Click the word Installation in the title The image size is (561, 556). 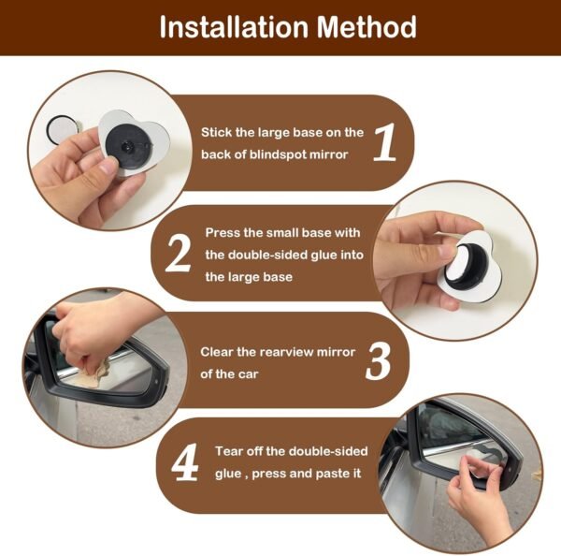pyautogui.click(x=234, y=26)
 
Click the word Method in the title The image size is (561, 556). pyautogui.click(x=367, y=26)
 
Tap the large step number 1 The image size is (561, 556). pyautogui.click(x=385, y=142)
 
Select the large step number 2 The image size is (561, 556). pyautogui.click(x=179, y=254)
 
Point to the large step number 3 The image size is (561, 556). pyautogui.click(x=378, y=361)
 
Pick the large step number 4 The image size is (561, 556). pyautogui.click(x=185, y=462)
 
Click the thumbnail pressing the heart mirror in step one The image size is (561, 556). pyautogui.click(x=108, y=167)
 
